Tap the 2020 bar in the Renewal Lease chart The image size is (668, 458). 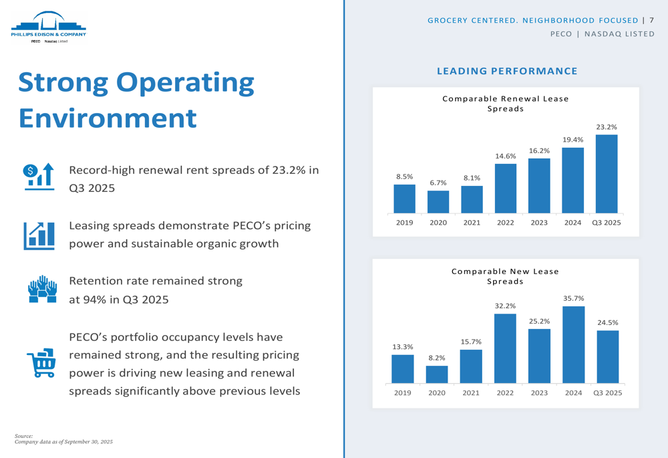(438, 201)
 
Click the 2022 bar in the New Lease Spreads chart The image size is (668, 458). (505, 348)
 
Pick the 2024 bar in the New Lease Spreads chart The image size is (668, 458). (574, 345)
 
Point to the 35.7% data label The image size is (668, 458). (574, 298)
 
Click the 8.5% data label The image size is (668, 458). (404, 177)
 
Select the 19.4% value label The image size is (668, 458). (572, 140)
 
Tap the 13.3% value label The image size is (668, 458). (402, 346)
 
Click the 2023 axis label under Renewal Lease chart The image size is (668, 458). (539, 223)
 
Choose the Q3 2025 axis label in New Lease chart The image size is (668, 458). (607, 393)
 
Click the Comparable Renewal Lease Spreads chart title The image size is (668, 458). (506, 104)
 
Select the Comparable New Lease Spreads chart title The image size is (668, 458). (505, 276)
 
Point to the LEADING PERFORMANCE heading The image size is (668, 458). (506, 71)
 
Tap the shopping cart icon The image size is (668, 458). (40, 362)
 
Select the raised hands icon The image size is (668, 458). (42, 289)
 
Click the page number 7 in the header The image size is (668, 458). (651, 20)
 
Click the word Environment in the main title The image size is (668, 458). (108, 118)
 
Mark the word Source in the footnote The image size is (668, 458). (23, 436)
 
